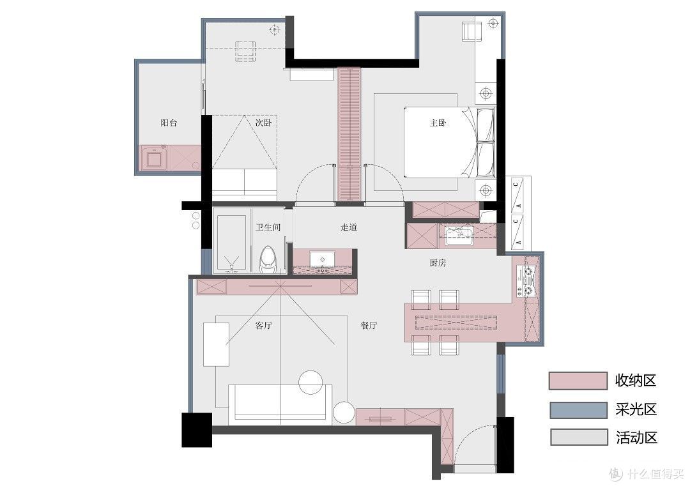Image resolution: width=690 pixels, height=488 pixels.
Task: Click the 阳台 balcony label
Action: pos(169,123)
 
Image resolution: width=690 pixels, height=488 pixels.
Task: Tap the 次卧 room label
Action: pos(264,123)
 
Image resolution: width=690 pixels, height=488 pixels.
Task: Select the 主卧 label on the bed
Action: pos(438,123)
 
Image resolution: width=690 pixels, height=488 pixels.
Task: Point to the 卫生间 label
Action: pos(268,227)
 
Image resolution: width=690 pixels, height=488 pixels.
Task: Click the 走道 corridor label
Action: pos(349,227)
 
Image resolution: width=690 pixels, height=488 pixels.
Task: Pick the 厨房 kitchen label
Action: pos(438,263)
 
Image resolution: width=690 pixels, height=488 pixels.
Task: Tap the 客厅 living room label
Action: pos(264,326)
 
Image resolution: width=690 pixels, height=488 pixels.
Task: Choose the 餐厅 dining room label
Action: pos(369,326)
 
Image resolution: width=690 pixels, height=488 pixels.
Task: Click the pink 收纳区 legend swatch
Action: pos(578,381)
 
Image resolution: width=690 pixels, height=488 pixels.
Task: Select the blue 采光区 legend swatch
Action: pos(579,409)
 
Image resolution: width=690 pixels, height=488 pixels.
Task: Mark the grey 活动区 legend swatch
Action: pos(579,438)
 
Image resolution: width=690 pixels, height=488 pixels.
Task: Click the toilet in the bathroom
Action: pos(268,259)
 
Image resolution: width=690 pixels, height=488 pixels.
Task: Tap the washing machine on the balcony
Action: pos(153,158)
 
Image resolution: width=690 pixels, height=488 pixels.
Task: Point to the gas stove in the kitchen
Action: pos(526,281)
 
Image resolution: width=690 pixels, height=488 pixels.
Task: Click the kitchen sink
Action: pos(458,236)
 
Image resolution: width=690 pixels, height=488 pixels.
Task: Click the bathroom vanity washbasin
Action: pos(323,259)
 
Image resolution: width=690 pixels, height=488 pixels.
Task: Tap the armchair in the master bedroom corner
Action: pos(471,31)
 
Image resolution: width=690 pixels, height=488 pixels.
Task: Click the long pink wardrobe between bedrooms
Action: pos(349,134)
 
